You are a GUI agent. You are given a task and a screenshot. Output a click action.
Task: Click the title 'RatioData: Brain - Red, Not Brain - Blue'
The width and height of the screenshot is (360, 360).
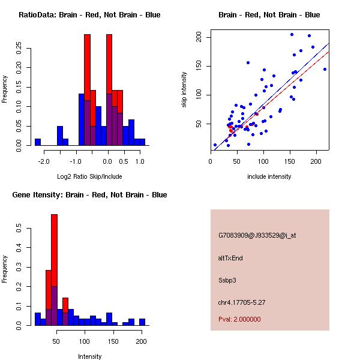pos(89,15)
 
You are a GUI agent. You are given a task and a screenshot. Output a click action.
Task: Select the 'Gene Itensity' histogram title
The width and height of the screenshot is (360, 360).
pos(89,195)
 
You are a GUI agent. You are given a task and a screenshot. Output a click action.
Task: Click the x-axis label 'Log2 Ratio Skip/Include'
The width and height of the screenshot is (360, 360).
pos(89,176)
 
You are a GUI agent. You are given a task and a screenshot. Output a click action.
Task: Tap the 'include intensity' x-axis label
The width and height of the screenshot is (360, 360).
pos(269,176)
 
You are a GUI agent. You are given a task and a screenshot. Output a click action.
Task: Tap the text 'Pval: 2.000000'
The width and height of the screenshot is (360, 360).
pos(239,319)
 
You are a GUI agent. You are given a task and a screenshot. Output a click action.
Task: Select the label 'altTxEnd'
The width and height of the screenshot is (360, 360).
pos(230,258)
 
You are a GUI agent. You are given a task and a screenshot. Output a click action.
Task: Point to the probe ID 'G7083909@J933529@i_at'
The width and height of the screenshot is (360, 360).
pos(257,235)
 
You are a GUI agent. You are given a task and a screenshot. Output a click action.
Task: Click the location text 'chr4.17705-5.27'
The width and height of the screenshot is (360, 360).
pos(241,302)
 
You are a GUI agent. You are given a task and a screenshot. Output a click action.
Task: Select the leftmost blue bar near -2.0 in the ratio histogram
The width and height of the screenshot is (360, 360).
pos(38,142)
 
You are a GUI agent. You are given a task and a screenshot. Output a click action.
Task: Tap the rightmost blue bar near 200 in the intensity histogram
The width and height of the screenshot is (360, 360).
pos(142,322)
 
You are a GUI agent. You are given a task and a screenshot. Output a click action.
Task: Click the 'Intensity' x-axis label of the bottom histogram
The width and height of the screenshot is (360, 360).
pos(89,356)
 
